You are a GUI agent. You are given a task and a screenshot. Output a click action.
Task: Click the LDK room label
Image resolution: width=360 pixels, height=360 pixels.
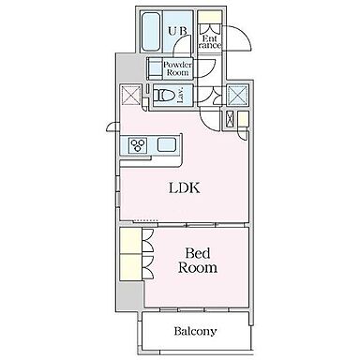185,187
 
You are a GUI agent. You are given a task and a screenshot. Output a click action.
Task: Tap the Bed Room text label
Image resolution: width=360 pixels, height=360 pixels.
198,261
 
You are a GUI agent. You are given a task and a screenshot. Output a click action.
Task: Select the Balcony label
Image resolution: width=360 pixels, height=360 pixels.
195,331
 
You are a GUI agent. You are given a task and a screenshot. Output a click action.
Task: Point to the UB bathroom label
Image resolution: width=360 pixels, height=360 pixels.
178,31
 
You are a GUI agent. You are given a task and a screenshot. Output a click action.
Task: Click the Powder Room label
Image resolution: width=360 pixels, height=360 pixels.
177,68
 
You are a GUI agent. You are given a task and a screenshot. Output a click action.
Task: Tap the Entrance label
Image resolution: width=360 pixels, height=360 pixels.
210,42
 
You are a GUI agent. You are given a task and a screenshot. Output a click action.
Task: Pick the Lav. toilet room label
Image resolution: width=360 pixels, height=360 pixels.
181,94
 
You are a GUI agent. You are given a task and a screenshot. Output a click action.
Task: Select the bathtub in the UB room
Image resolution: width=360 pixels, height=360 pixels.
151,31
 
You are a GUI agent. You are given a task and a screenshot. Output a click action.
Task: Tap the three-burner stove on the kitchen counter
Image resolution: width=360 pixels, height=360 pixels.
138,145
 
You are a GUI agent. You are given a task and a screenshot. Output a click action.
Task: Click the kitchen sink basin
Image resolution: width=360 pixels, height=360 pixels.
167,145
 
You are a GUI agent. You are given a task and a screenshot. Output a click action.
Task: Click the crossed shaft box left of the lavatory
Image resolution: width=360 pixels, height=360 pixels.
130,95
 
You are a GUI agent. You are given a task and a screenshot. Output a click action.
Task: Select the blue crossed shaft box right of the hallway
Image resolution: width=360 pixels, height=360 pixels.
237,95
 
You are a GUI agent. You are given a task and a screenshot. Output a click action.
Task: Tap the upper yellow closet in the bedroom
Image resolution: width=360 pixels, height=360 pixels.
131,241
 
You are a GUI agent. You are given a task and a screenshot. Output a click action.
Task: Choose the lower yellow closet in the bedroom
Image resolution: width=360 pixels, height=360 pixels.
131,267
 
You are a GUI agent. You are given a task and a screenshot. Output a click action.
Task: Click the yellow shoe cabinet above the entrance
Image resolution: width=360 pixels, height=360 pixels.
210,17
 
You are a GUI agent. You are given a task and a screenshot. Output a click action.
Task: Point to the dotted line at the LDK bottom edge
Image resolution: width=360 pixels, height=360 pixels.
145,221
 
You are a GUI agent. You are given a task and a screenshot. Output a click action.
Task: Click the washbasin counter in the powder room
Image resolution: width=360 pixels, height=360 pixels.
155,68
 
